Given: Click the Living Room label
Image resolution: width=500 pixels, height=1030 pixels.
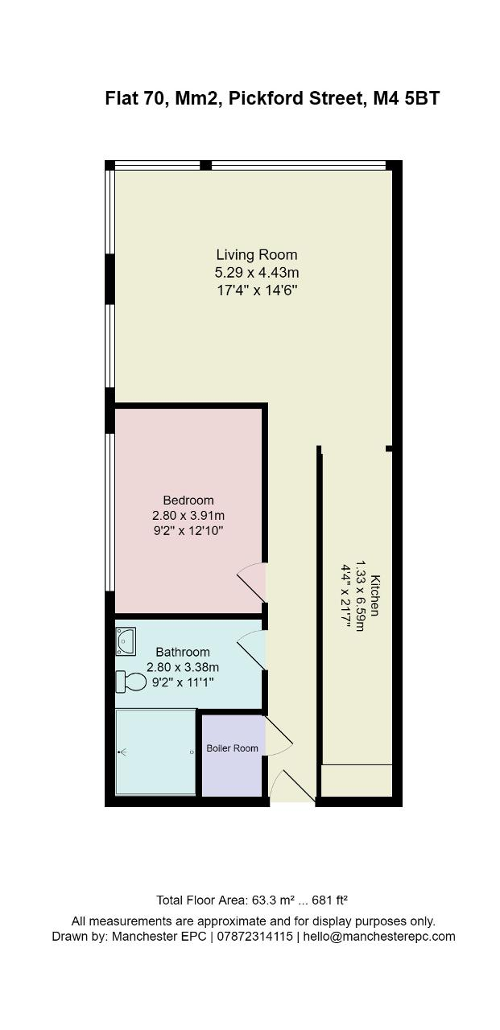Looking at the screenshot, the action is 257,255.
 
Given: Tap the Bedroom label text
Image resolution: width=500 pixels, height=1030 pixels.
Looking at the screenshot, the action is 188,500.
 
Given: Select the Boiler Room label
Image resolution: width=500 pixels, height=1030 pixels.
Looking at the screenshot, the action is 233,748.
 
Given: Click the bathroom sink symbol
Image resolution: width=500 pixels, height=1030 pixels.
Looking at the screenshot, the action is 125,641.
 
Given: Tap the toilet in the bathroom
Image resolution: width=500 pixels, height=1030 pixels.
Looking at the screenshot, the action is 130,682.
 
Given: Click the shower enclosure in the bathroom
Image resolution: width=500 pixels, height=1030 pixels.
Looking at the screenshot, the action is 156,752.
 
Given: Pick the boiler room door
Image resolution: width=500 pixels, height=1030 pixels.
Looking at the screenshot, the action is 279,735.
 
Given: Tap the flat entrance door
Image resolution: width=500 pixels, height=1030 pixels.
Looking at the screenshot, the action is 292,787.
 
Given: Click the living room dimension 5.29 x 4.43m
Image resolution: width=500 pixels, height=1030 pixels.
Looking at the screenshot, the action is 257,272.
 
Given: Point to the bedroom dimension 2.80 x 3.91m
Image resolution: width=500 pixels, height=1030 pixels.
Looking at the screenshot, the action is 188,516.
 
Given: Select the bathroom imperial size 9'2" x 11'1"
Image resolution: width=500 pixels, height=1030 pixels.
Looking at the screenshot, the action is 183,682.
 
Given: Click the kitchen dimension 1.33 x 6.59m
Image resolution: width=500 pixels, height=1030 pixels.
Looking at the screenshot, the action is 360,595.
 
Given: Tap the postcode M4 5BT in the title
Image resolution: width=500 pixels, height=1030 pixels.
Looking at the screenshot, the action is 406,98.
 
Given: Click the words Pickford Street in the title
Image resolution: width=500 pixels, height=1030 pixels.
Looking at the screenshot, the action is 295,98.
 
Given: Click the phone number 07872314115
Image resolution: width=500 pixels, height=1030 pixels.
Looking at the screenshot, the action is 254,937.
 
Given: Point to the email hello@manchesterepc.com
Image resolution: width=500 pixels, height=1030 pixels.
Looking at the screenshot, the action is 379,937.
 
